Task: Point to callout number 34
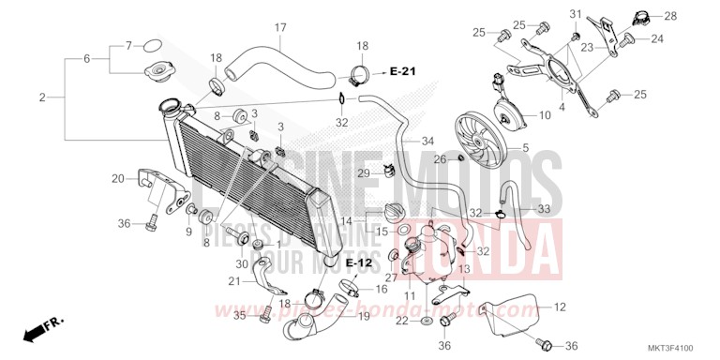click(x=427, y=142)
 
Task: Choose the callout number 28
click(x=671, y=16)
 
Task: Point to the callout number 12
click(x=560, y=307)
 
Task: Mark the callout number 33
click(x=544, y=208)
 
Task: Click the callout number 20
click(x=117, y=178)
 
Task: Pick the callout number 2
click(x=42, y=97)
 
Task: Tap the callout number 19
click(x=364, y=317)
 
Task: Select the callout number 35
click(x=239, y=317)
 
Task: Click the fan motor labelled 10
click(x=512, y=111)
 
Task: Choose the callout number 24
click(x=657, y=38)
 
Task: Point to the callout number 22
click(x=401, y=321)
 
